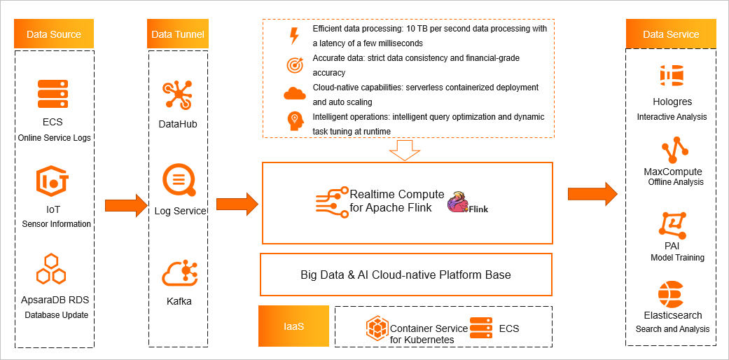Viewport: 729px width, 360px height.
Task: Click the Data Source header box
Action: pyautogui.click(x=54, y=34)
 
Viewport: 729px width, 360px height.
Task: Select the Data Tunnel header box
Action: pyautogui.click(x=178, y=34)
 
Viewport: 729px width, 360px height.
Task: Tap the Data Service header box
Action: pyautogui.click(x=671, y=34)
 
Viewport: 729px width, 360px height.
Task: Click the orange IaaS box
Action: pyautogui.click(x=293, y=326)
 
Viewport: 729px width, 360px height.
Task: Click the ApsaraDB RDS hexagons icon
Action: pyautogui.click(x=51, y=270)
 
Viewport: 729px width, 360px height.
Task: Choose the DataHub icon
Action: pyautogui.click(x=177, y=96)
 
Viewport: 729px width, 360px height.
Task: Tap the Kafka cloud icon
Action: pyautogui.click(x=179, y=273)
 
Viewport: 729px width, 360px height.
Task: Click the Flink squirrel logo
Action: pyautogui.click(x=460, y=201)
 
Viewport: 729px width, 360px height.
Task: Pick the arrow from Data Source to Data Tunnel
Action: pyautogui.click(x=126, y=205)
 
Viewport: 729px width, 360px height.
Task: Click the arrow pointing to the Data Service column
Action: pyautogui.click(x=592, y=193)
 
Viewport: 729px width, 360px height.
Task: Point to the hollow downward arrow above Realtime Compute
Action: pyautogui.click(x=405, y=150)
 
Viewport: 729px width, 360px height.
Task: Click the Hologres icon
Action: pyautogui.click(x=672, y=76)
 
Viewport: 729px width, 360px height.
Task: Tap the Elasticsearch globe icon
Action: pyautogui.click(x=671, y=293)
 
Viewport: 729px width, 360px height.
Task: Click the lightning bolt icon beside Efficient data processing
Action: pyautogui.click(x=294, y=36)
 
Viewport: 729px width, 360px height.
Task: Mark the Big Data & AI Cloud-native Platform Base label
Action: pyautogui.click(x=405, y=275)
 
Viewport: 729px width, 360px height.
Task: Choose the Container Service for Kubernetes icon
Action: pyautogui.click(x=377, y=328)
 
